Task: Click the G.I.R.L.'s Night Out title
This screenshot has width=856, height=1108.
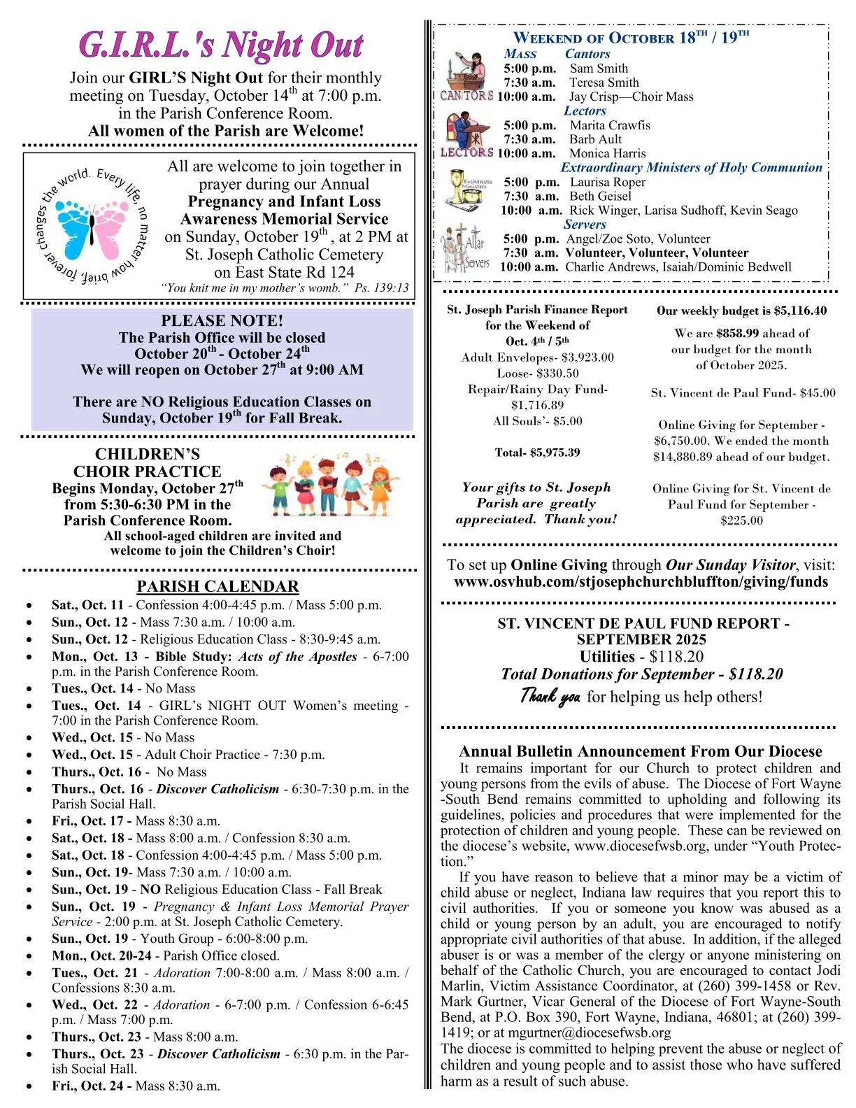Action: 221,45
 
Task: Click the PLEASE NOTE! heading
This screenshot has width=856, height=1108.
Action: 222,321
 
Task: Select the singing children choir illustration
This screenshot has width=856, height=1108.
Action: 330,483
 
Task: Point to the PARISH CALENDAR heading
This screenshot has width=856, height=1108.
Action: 217,587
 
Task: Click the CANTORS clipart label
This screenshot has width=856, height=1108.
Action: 466,96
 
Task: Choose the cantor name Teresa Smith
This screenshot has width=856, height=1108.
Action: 604,83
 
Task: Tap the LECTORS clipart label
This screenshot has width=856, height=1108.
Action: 466,152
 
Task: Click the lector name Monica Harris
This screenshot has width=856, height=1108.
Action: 607,153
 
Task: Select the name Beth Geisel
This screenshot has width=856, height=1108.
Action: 600,197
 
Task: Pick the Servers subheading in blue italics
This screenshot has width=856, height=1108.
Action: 585,225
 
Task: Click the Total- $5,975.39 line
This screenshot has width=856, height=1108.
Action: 537,453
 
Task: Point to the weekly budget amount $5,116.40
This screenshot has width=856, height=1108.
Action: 800,311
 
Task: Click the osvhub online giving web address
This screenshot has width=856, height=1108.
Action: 641,582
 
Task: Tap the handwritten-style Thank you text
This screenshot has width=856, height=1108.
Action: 550,696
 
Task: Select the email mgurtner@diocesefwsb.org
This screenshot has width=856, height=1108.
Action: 589,1032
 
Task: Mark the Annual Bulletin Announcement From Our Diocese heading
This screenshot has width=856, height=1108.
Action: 641,751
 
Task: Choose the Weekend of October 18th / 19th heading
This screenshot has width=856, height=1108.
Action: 631,38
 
